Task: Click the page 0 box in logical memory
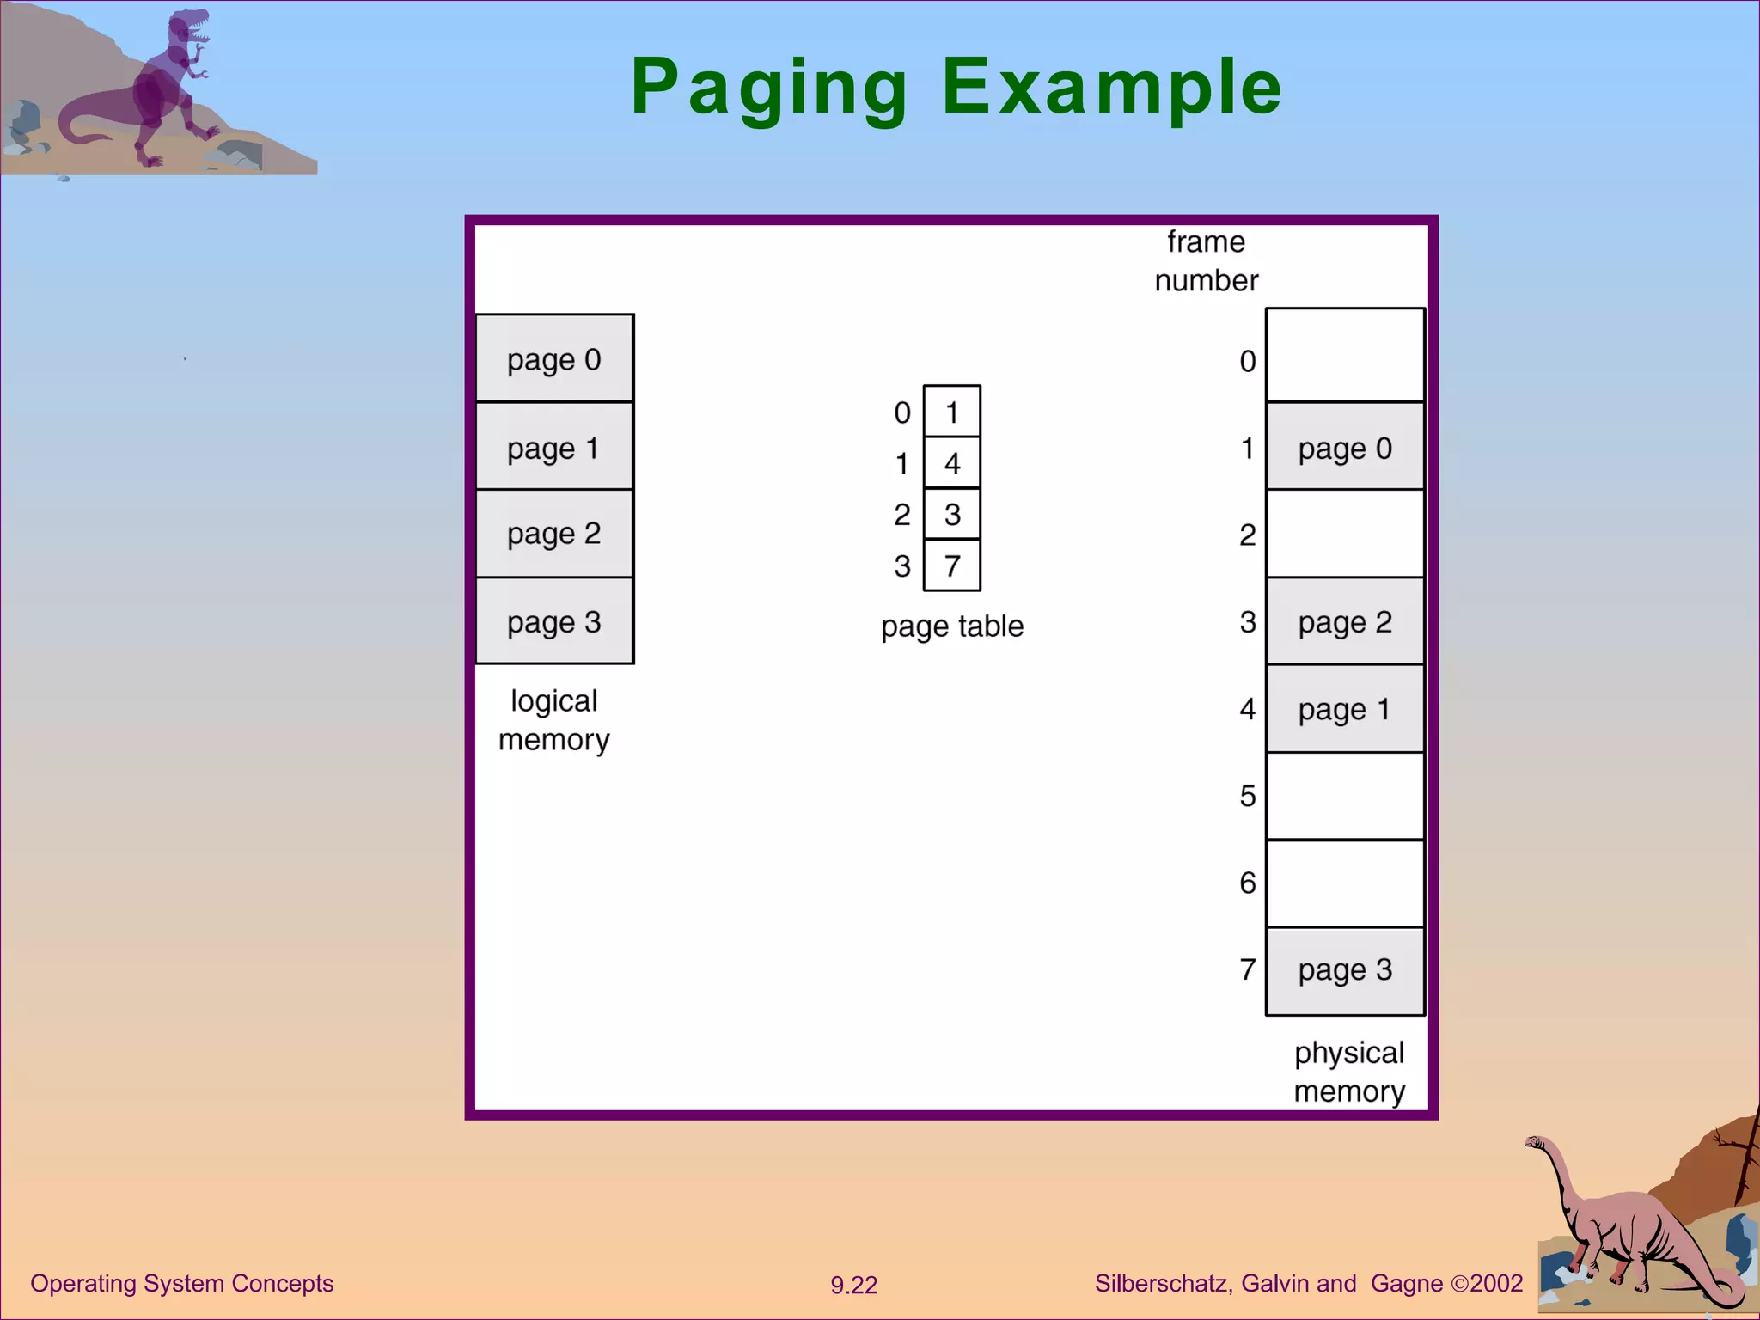[x=554, y=358]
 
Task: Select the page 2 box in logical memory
[x=554, y=534]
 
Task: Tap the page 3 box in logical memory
[x=554, y=621]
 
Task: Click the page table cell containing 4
[x=951, y=464]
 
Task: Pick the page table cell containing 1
[x=951, y=412]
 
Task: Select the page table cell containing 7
[x=951, y=565]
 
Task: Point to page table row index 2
[x=901, y=515]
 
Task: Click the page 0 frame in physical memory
[x=1345, y=447]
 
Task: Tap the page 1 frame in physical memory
[x=1345, y=709]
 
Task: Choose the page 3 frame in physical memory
[x=1345, y=970]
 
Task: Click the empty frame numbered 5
[x=1345, y=797]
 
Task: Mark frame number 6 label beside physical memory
[x=1248, y=883]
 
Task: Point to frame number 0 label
[x=1248, y=361]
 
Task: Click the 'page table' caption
[x=952, y=626]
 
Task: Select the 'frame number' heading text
[x=1206, y=261]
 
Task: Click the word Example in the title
[x=1112, y=87]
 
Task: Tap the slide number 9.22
[x=853, y=1285]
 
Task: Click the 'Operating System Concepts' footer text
[x=181, y=1283]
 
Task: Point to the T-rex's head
[x=191, y=26]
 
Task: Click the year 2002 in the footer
[x=1496, y=1283]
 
